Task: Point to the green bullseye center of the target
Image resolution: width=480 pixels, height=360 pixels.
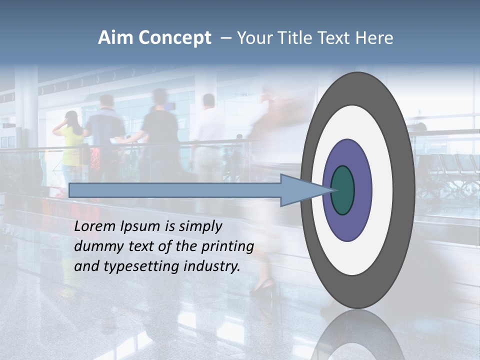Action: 343,190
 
